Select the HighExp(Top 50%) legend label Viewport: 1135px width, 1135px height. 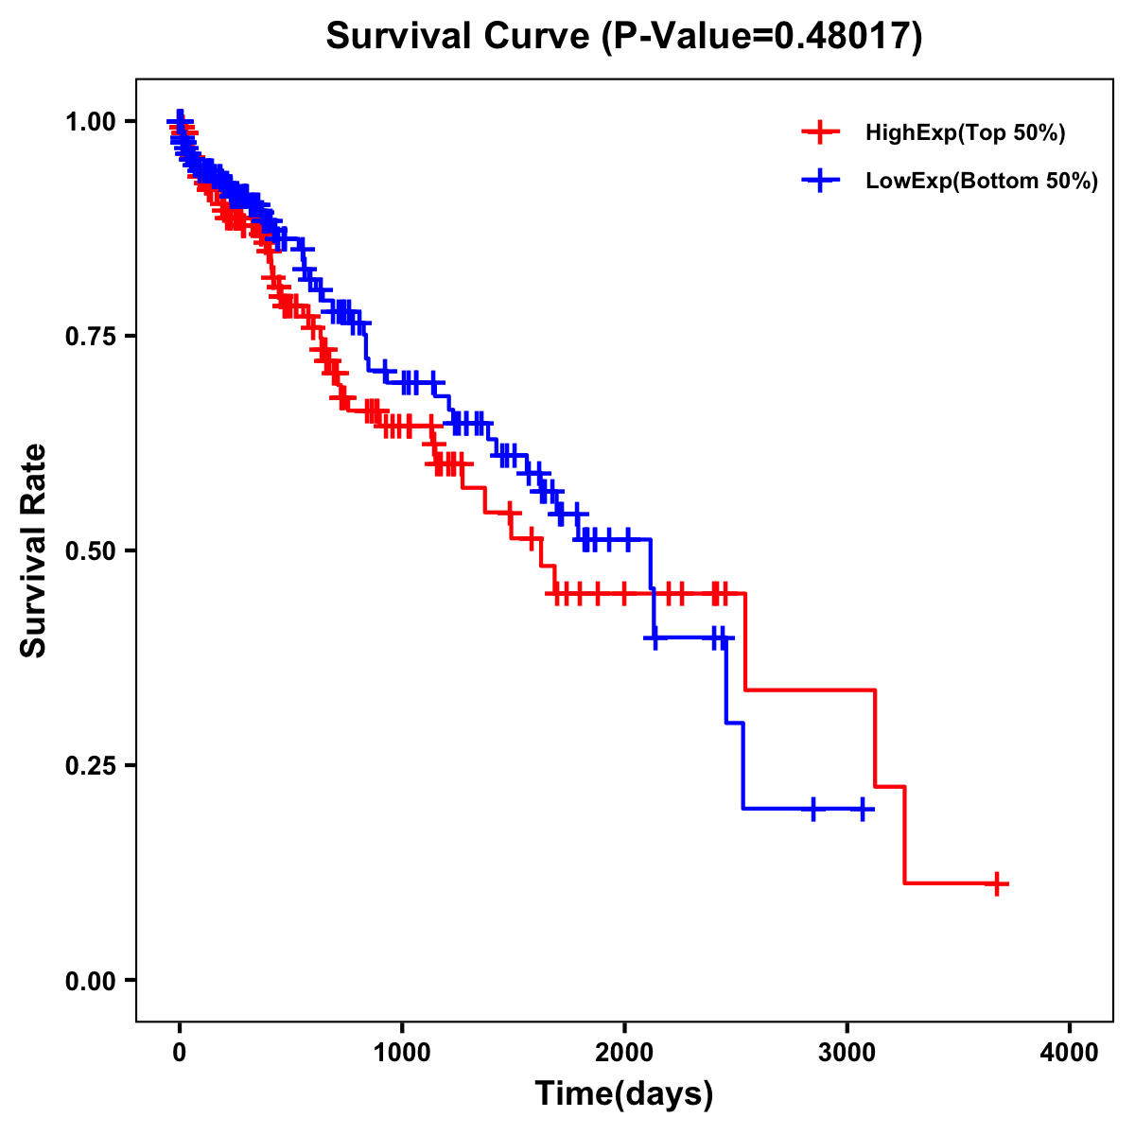pos(966,133)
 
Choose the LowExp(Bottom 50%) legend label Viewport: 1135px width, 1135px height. pos(982,182)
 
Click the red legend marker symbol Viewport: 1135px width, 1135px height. pos(820,132)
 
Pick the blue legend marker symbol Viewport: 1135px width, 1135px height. pos(820,181)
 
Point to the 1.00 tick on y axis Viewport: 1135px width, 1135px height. pos(90,121)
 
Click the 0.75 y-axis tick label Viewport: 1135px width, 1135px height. pos(90,336)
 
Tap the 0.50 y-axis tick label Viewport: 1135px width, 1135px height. pos(90,550)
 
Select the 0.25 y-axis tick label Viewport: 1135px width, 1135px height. pos(90,765)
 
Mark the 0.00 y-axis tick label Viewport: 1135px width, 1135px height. pos(90,980)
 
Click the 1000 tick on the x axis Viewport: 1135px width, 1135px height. pos(402,1054)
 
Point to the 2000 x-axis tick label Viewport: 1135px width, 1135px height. pos(624,1054)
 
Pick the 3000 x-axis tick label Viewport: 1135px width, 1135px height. pos(847,1054)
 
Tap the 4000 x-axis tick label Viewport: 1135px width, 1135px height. pos(1070,1054)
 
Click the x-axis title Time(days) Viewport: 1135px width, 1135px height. pos(624,1094)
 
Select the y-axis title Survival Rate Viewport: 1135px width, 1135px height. pos(34,550)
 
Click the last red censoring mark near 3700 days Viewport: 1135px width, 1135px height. pos(996,883)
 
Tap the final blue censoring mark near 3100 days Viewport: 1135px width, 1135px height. pos(862,809)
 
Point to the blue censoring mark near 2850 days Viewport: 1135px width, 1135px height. pos(813,809)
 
